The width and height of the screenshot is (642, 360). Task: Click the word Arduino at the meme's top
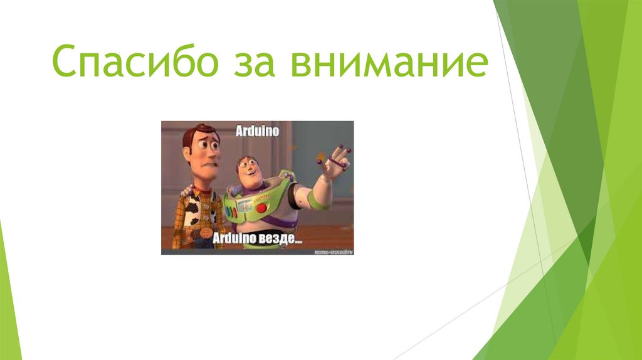coord(257,132)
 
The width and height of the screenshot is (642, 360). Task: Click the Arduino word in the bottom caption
coord(235,239)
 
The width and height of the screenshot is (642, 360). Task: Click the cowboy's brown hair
coord(199,132)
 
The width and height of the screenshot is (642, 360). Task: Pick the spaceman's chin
coord(251,183)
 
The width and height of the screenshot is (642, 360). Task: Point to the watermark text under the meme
coord(333,251)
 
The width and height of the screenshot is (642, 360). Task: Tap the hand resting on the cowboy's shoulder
coord(185,189)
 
